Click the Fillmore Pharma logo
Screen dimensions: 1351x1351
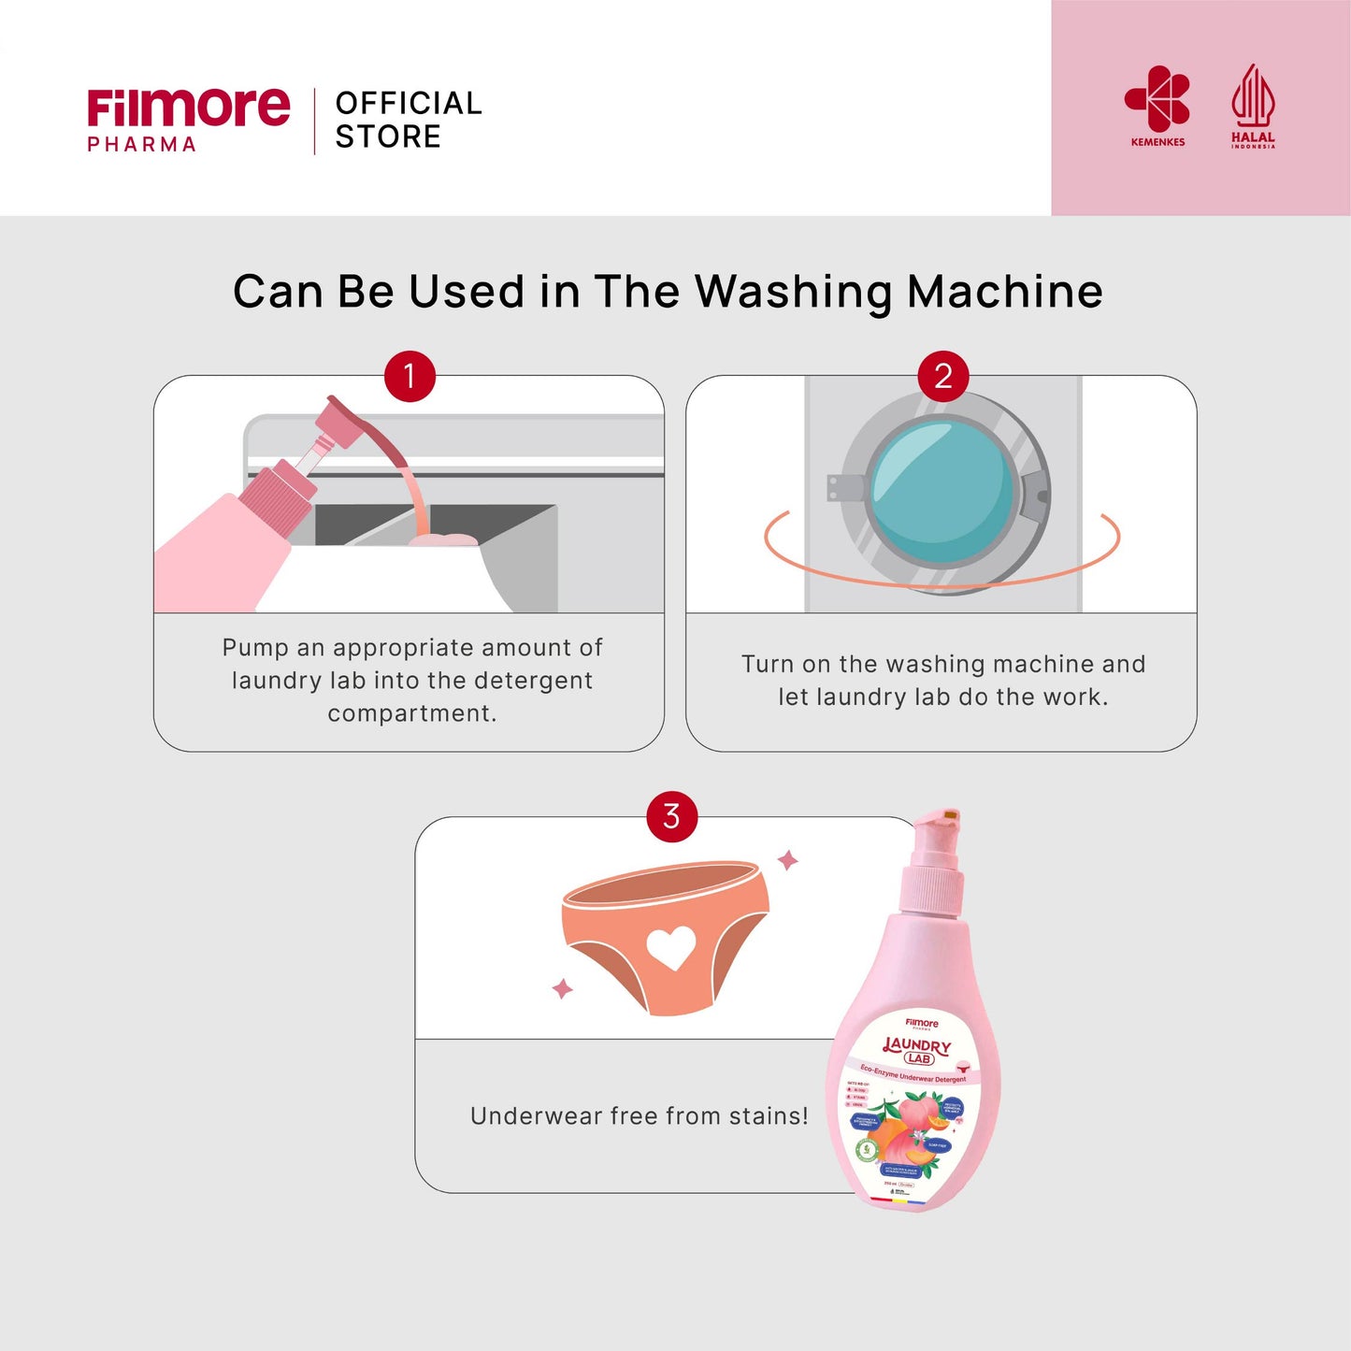click(188, 119)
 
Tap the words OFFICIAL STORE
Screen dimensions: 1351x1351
click(408, 120)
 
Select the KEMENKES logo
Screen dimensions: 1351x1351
click(1157, 106)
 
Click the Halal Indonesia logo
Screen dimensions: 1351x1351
click(1253, 106)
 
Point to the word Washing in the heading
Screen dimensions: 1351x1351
click(796, 292)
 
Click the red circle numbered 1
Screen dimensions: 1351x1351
click(410, 376)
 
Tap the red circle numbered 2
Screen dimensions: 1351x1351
click(943, 376)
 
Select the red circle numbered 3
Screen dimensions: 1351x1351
click(671, 816)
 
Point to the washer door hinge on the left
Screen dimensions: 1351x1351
click(844, 487)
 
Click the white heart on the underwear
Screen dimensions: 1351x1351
click(671, 946)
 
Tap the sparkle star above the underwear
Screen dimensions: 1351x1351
click(788, 859)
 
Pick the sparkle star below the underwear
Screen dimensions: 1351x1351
click(562, 988)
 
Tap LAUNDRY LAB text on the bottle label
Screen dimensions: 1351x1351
click(918, 1050)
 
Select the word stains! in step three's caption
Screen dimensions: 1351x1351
click(768, 1115)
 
